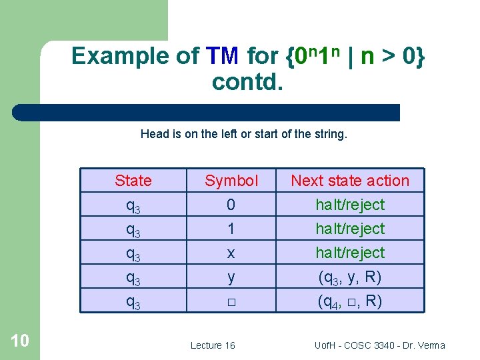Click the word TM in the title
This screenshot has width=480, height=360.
[x=223, y=56]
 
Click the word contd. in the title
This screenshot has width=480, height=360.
[x=248, y=82]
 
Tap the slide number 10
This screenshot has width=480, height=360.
[x=20, y=341]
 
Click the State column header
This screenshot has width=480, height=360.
[x=133, y=181]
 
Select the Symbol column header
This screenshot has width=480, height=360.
[x=231, y=181]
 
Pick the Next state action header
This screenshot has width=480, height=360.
[x=350, y=181]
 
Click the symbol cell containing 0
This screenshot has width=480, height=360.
[x=231, y=205]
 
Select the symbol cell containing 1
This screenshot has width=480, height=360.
[x=231, y=229]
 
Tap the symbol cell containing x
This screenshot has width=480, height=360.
[x=231, y=253]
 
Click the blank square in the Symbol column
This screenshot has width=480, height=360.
[x=231, y=302]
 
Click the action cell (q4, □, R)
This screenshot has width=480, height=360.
[x=350, y=301]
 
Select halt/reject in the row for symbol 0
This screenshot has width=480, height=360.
[x=350, y=205]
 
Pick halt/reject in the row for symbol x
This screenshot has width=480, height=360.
[x=350, y=253]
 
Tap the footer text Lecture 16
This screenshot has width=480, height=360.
[x=213, y=345]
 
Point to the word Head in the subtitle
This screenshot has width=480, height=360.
[x=153, y=134]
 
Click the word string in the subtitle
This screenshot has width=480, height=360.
[x=331, y=134]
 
